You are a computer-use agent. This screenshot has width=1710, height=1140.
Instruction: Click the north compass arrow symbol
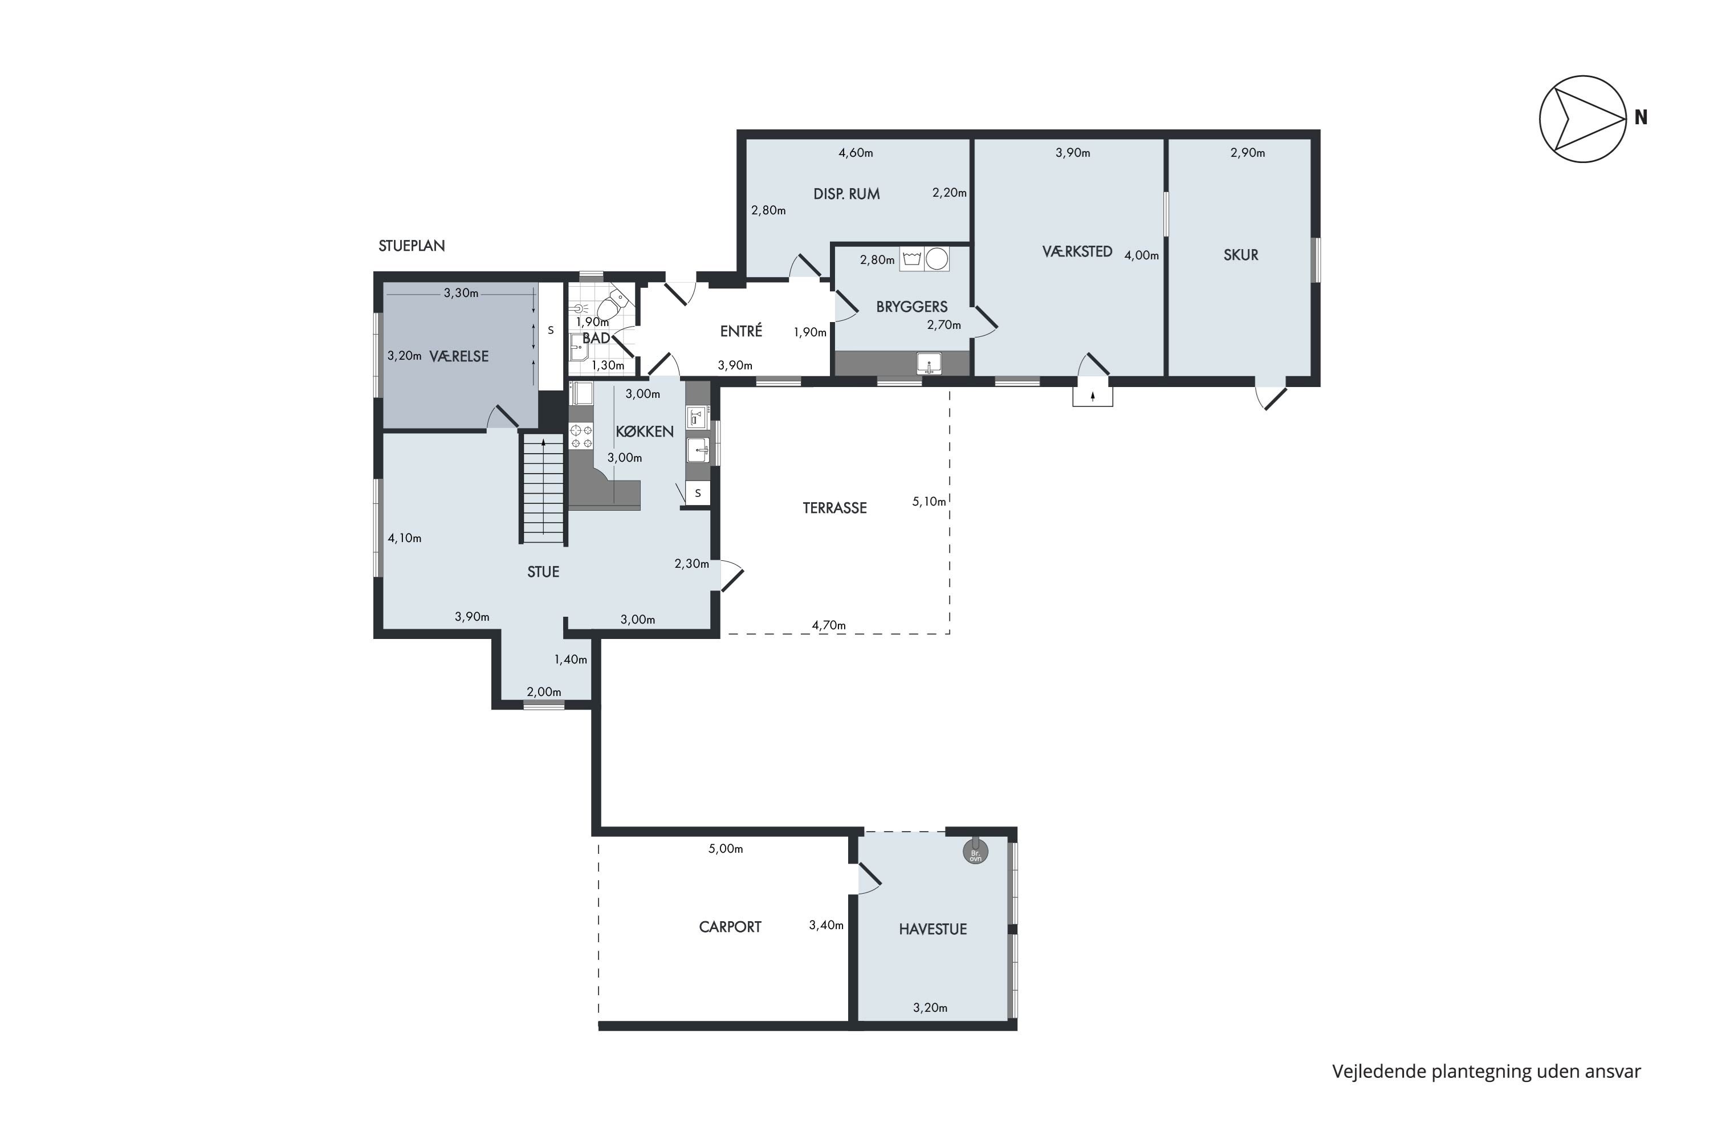(x=1583, y=119)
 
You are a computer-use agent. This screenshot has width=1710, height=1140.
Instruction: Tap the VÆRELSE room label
(x=459, y=356)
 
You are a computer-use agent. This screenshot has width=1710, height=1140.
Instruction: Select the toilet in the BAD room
(x=613, y=306)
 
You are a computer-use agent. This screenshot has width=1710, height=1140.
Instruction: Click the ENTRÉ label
(x=741, y=331)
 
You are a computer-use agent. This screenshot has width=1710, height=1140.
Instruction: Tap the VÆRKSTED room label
(x=1077, y=251)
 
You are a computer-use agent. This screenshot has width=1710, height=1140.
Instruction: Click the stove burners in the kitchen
(x=581, y=436)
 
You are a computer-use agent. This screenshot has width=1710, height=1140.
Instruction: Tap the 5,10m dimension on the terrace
(x=929, y=502)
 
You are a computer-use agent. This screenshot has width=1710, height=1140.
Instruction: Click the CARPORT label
(x=730, y=927)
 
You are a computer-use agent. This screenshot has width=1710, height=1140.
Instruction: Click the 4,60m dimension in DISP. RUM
(x=856, y=153)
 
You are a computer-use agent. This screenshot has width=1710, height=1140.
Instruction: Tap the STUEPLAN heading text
(x=412, y=246)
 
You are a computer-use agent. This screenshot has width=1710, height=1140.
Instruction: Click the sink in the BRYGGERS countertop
(x=929, y=363)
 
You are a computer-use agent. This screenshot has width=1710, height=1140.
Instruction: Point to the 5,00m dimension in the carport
(x=726, y=849)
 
